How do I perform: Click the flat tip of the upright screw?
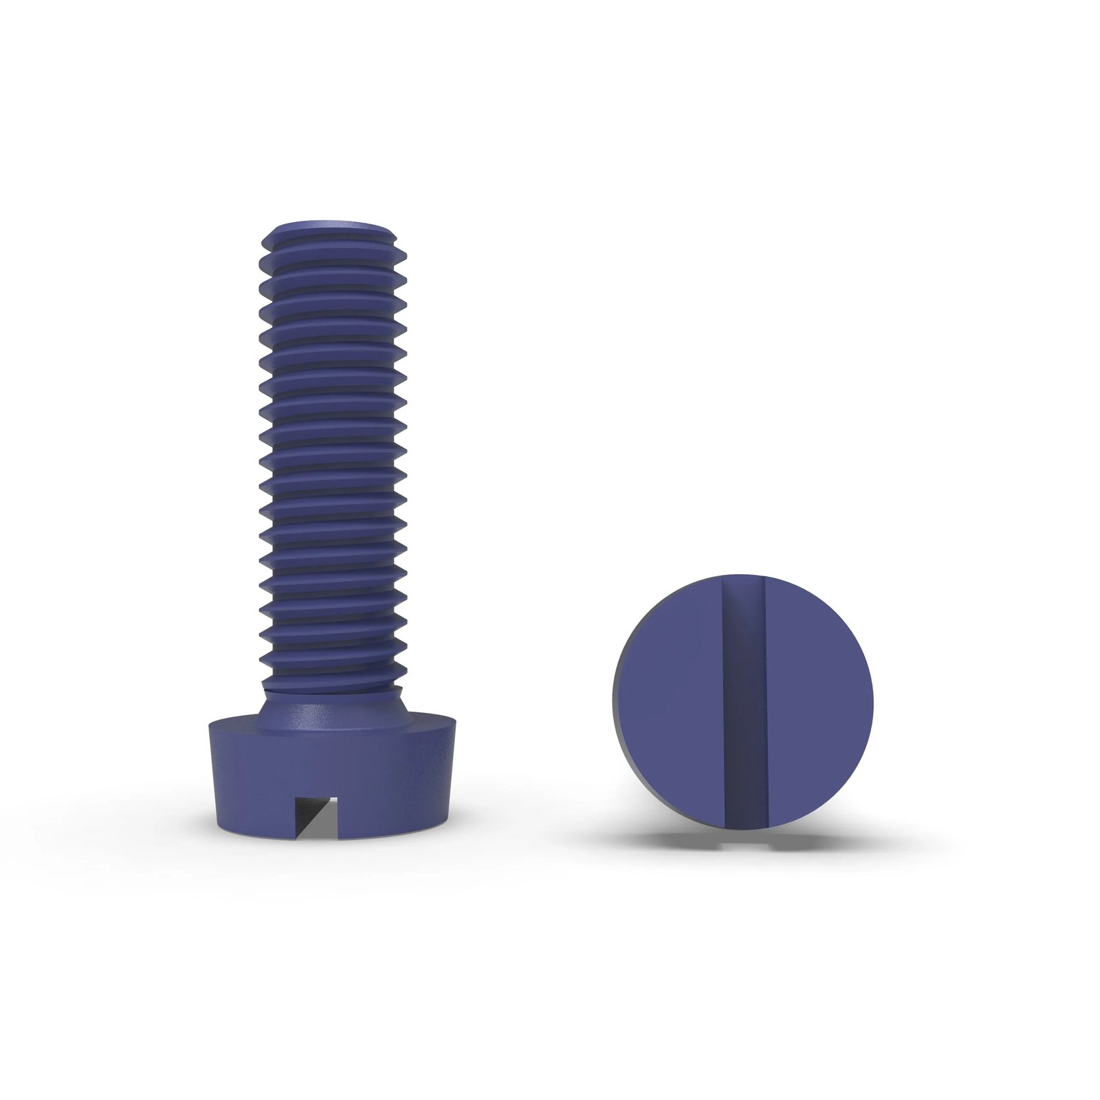coord(332,226)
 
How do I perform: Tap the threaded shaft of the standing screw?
coord(333,447)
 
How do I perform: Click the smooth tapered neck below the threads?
coord(333,705)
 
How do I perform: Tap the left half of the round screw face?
coord(667,701)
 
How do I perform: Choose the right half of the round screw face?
coord(818,701)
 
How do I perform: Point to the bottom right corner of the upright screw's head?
coord(448,825)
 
